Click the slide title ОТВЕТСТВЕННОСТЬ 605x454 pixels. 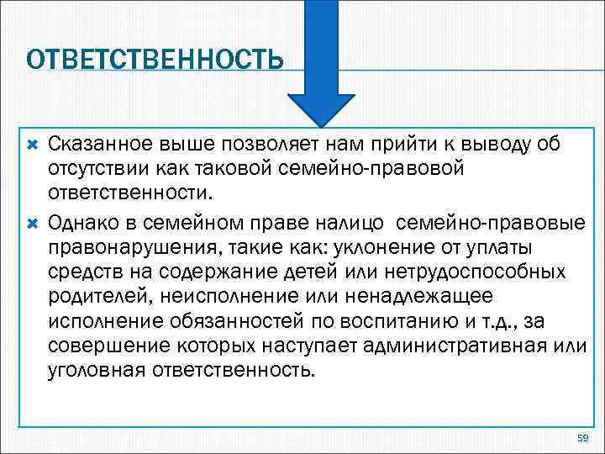click(154, 60)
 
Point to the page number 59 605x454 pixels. click(584, 438)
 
